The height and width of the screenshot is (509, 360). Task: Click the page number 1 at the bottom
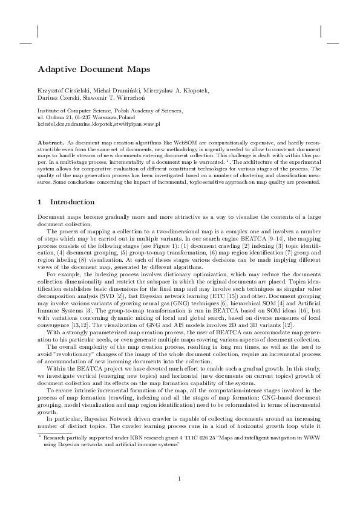[x=180, y=479]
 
